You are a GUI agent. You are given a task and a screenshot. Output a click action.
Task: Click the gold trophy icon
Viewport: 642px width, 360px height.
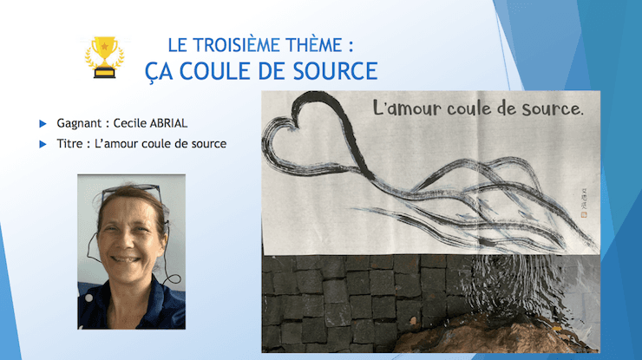103,57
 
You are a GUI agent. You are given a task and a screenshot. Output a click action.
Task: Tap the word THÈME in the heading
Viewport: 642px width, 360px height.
320,44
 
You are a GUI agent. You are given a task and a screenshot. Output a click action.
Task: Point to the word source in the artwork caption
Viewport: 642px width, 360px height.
547,110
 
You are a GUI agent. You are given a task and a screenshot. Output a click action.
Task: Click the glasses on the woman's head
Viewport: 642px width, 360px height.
131,192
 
